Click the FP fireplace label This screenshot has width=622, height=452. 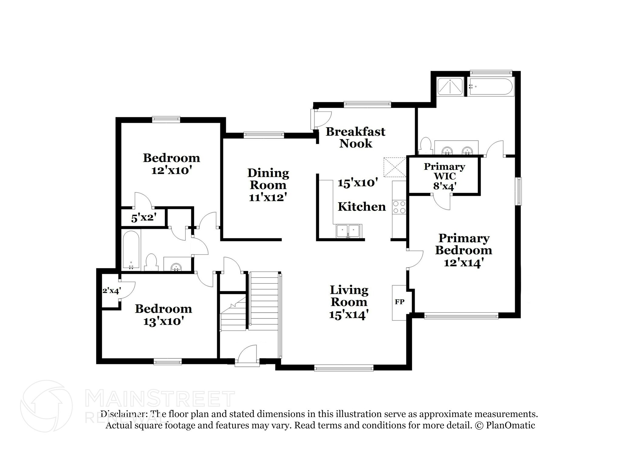pyautogui.click(x=399, y=302)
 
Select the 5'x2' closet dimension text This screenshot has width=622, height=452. pyautogui.click(x=144, y=218)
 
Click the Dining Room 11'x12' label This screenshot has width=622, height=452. pyautogui.click(x=268, y=185)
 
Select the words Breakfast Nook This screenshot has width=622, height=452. pyautogui.click(x=355, y=137)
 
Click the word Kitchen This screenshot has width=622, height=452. pyautogui.click(x=362, y=207)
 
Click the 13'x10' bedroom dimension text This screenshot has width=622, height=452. pyautogui.click(x=163, y=321)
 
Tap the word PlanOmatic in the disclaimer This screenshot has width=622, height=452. pyautogui.click(x=511, y=425)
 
